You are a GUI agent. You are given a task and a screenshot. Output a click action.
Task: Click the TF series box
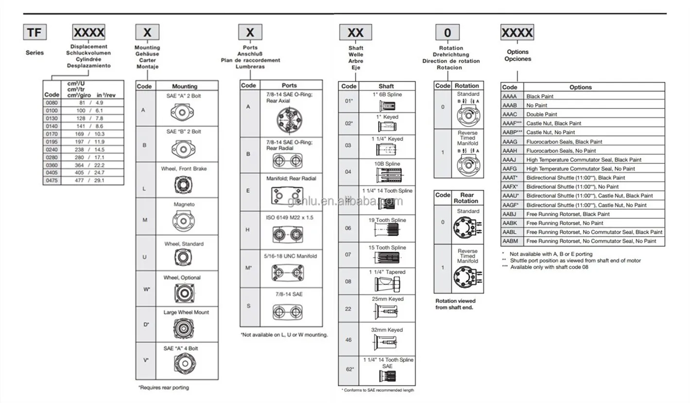coord(35,33)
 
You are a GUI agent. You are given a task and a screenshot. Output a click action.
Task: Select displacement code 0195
coord(52,142)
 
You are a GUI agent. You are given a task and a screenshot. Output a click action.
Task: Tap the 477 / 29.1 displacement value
coord(92,181)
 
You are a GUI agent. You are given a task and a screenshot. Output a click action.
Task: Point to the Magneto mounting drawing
coord(184,221)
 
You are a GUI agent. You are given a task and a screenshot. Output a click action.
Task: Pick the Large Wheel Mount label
coord(186,312)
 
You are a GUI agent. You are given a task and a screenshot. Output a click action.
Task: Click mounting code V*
coord(146,361)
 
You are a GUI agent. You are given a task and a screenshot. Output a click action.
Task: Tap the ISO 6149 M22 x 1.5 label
coord(290,218)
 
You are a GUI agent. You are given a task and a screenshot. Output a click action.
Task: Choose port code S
coord(248,306)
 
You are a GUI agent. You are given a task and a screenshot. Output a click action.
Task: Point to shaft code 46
coord(348,340)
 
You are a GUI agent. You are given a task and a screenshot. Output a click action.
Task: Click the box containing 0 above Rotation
coord(448,33)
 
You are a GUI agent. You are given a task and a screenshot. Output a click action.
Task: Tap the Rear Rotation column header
coord(466,198)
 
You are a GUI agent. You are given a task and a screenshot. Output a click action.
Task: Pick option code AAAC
coord(509,114)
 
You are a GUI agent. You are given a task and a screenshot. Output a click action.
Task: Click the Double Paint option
coord(541,114)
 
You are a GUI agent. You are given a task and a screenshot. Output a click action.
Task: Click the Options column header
coord(580,87)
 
